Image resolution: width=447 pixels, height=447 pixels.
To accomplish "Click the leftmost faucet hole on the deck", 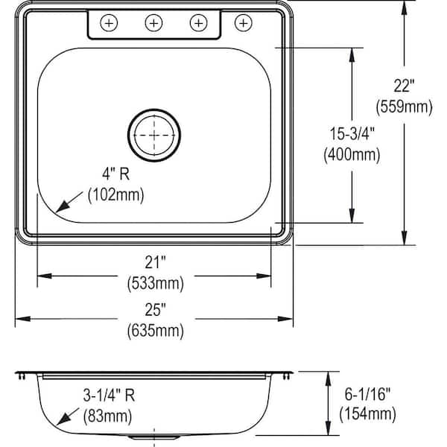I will point(109,23).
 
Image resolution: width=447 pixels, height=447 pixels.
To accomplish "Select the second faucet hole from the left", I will point(153,23).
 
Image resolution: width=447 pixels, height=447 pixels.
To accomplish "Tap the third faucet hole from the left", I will point(198,23).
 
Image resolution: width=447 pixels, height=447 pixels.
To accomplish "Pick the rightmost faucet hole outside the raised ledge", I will point(243,23).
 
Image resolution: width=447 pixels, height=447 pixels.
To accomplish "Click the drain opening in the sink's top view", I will point(154,135).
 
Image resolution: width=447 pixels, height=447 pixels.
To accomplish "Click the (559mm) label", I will point(405,107).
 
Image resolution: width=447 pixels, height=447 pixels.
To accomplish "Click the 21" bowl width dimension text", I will point(154,262).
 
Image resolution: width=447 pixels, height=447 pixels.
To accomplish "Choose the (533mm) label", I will point(154,283).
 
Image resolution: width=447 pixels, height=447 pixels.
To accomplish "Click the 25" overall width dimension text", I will point(154,308).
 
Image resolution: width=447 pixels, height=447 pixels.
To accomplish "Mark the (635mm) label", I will point(154,329).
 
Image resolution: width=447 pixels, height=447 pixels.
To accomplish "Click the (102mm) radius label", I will point(115,196).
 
